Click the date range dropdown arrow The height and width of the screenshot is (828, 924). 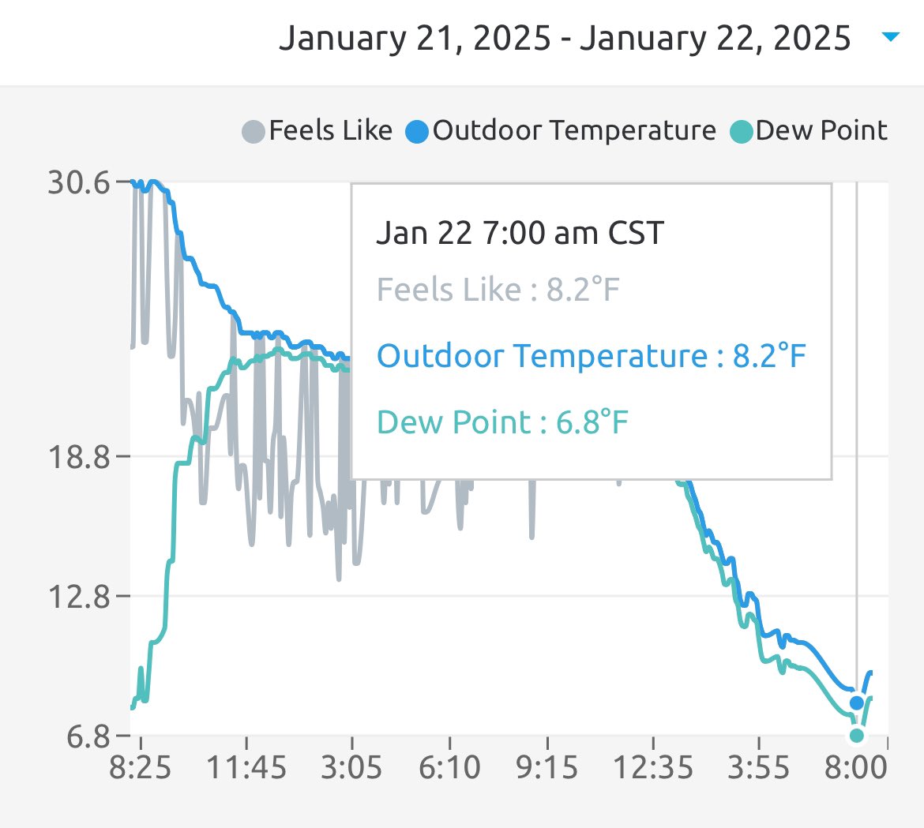coord(890,37)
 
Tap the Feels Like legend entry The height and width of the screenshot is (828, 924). coord(317,130)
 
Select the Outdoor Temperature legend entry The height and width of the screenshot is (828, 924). coord(561,130)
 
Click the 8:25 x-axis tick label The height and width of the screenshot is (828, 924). coord(141,766)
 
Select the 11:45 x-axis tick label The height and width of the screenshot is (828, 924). coord(246,766)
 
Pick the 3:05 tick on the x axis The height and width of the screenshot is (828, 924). coord(351,766)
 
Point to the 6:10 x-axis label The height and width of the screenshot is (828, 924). coord(449,766)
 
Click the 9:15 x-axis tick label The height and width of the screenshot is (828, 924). coord(547,766)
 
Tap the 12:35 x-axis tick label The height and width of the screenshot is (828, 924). coord(652,766)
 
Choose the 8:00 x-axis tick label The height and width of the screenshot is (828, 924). coord(856,766)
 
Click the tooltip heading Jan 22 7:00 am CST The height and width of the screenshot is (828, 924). coord(520,233)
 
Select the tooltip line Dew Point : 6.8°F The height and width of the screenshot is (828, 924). coord(502,422)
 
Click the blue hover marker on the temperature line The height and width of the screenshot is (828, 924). coord(857,702)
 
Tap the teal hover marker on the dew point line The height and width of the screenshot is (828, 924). coord(857,736)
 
